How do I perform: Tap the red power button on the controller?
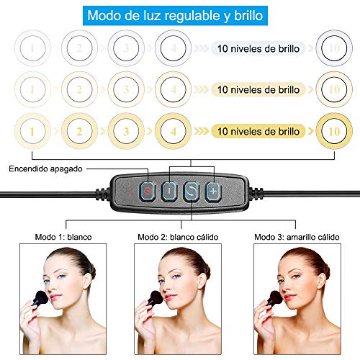click(146, 192)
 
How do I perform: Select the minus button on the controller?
click(168, 192)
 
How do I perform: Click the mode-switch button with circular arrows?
click(191, 192)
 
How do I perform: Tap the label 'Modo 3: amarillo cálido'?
click(296, 236)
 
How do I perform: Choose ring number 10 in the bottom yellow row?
click(333, 132)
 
